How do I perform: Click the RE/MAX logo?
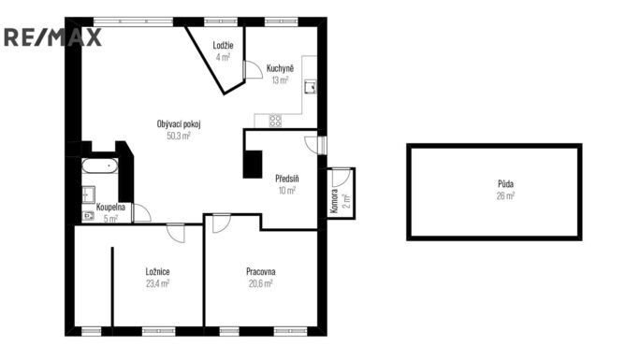pyautogui.click(x=52, y=37)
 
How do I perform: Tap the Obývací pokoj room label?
pyautogui.click(x=179, y=124)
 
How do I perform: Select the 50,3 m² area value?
pyautogui.click(x=179, y=136)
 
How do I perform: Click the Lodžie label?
pyautogui.click(x=223, y=45)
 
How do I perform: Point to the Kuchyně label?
pyautogui.click(x=280, y=68)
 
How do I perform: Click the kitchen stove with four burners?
pyautogui.click(x=275, y=121)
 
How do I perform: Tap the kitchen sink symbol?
pyautogui.click(x=311, y=86)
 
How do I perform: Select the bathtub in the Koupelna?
pyautogui.click(x=100, y=166)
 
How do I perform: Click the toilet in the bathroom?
pyautogui.click(x=88, y=216)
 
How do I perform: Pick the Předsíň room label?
pyautogui.click(x=287, y=179)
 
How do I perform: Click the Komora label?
pyautogui.click(x=334, y=201)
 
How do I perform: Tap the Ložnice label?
pyautogui.click(x=157, y=271)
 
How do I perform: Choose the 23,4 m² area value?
pyautogui.click(x=157, y=283)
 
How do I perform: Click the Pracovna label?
pyautogui.click(x=261, y=271)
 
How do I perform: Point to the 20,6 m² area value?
pyautogui.click(x=261, y=283)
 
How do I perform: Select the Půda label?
pyautogui.click(x=505, y=184)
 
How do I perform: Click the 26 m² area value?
pyautogui.click(x=505, y=196)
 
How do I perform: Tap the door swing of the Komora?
pyautogui.click(x=342, y=177)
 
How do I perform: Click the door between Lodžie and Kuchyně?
pyautogui.click(x=253, y=69)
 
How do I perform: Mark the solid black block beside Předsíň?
pyautogui.click(x=253, y=165)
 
